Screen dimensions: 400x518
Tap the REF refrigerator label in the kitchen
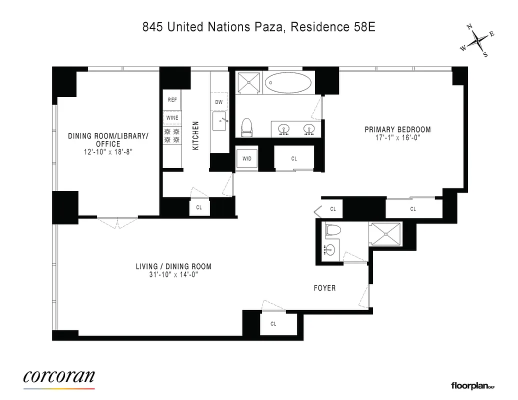[172, 100]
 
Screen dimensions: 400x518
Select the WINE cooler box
[172, 118]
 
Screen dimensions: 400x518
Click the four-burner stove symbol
[172, 136]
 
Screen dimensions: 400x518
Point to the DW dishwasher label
[218, 102]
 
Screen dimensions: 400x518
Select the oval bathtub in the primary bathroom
[288, 82]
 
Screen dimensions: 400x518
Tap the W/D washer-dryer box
[247, 158]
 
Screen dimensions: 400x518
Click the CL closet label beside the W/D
[294, 158]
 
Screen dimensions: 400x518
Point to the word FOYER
[324, 288]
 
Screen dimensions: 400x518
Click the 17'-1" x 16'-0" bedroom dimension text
[397, 138]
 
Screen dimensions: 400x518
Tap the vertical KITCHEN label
[196, 135]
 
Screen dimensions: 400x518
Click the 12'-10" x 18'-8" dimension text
[108, 152]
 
